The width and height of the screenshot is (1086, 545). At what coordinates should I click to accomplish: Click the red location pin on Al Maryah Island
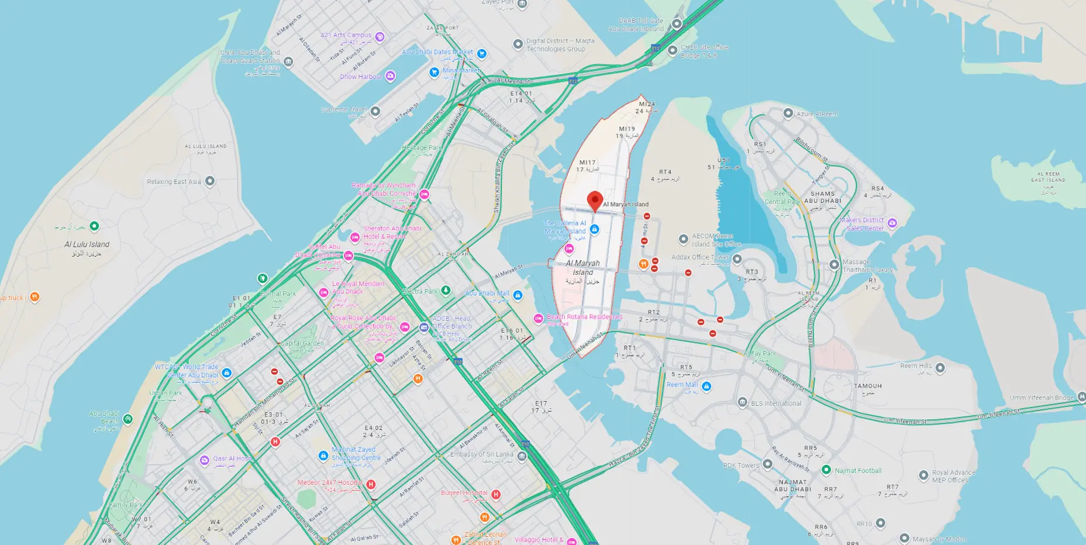pyautogui.click(x=595, y=200)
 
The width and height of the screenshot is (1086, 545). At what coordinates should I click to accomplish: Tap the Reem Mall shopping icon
pyautogui.click(x=706, y=386)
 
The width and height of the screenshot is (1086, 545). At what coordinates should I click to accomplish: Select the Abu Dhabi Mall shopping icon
pyautogui.click(x=518, y=295)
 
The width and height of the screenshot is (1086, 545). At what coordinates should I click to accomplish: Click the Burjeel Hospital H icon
pyautogui.click(x=496, y=495)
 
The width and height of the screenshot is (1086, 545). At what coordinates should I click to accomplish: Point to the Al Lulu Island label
pyautogui.click(x=87, y=244)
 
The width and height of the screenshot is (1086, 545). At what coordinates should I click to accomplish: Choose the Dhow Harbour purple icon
pyautogui.click(x=390, y=76)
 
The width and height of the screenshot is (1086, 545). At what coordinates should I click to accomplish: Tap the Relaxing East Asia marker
pyautogui.click(x=210, y=181)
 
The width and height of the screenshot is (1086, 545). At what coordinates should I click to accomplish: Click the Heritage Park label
pyautogui.click(x=422, y=148)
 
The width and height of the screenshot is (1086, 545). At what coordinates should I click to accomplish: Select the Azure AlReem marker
pyautogui.click(x=788, y=113)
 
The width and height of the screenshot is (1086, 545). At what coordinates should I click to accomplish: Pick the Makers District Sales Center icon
pyautogui.click(x=892, y=223)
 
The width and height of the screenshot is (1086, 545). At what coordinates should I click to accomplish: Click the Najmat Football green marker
pyautogui.click(x=826, y=470)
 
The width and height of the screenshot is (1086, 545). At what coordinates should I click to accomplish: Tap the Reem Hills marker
pyautogui.click(x=940, y=368)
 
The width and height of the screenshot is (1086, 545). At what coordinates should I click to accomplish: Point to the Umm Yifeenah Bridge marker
pyautogui.click(x=1081, y=397)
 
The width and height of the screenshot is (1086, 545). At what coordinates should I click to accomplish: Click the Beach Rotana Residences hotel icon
pyautogui.click(x=539, y=319)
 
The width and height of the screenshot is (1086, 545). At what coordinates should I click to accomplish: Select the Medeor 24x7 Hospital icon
pyautogui.click(x=370, y=484)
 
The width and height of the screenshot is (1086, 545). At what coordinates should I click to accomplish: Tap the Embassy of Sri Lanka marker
pyautogui.click(x=522, y=456)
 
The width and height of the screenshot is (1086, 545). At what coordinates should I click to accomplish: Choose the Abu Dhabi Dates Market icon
pyautogui.click(x=482, y=54)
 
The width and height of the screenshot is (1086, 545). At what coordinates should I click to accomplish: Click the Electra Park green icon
pyautogui.click(x=446, y=291)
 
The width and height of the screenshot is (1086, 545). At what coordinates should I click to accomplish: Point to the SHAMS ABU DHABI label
pyautogui.click(x=822, y=197)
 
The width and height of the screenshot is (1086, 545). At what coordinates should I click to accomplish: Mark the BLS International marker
pyautogui.click(x=742, y=402)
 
